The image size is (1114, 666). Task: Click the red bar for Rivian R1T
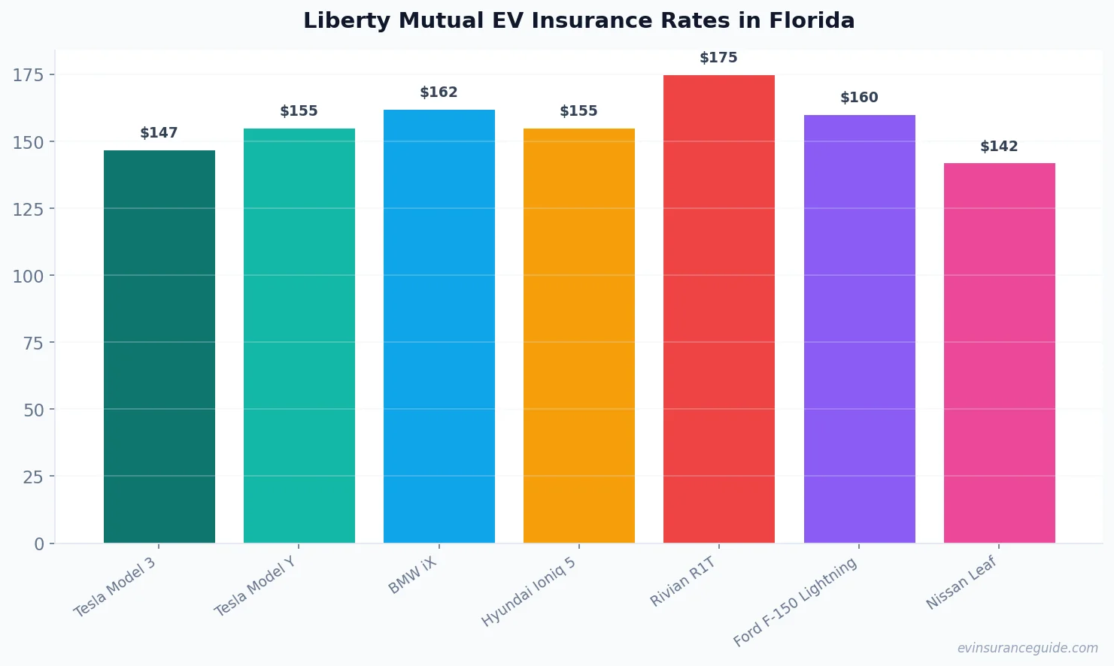718,308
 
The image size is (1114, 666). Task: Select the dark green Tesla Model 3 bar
159,346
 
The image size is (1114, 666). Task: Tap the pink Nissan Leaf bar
999,353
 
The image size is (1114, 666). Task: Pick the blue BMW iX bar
439,327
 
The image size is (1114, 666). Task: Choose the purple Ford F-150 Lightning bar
859,329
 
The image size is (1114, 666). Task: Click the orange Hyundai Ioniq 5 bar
578,336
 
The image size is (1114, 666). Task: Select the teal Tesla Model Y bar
299,336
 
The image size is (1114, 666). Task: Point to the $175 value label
718,58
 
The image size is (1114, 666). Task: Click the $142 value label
999,147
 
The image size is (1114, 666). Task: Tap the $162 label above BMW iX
439,92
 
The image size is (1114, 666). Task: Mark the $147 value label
159,133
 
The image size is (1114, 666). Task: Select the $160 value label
859,98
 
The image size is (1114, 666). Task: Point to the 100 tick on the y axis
28,276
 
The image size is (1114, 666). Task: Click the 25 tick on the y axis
33,477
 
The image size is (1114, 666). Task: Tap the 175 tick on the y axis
28,74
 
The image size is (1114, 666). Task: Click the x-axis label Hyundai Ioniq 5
529,592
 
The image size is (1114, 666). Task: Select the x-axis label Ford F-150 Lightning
795,602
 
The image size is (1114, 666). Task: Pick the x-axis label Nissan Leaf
961,583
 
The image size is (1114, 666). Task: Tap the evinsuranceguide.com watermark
1027,648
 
